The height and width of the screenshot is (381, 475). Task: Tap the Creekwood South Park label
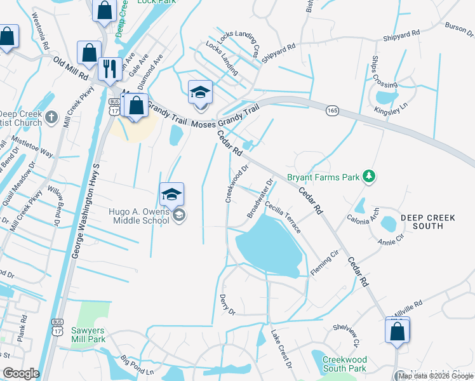344,364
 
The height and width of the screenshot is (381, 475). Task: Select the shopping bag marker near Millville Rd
398,331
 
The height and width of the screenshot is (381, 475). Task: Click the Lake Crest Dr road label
281,349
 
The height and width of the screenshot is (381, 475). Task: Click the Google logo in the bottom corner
22,374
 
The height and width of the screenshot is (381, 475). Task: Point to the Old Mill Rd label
70,66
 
